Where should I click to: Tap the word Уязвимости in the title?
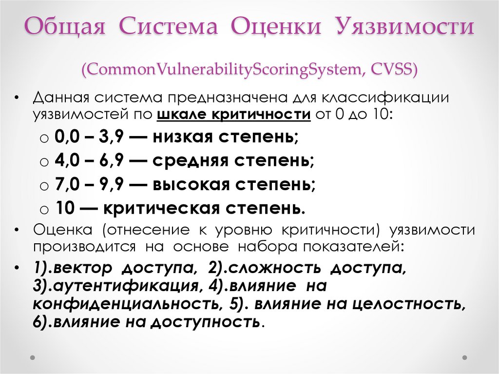404,27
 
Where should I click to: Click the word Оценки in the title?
276,27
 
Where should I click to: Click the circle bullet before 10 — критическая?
44,210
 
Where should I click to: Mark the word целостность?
409,304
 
